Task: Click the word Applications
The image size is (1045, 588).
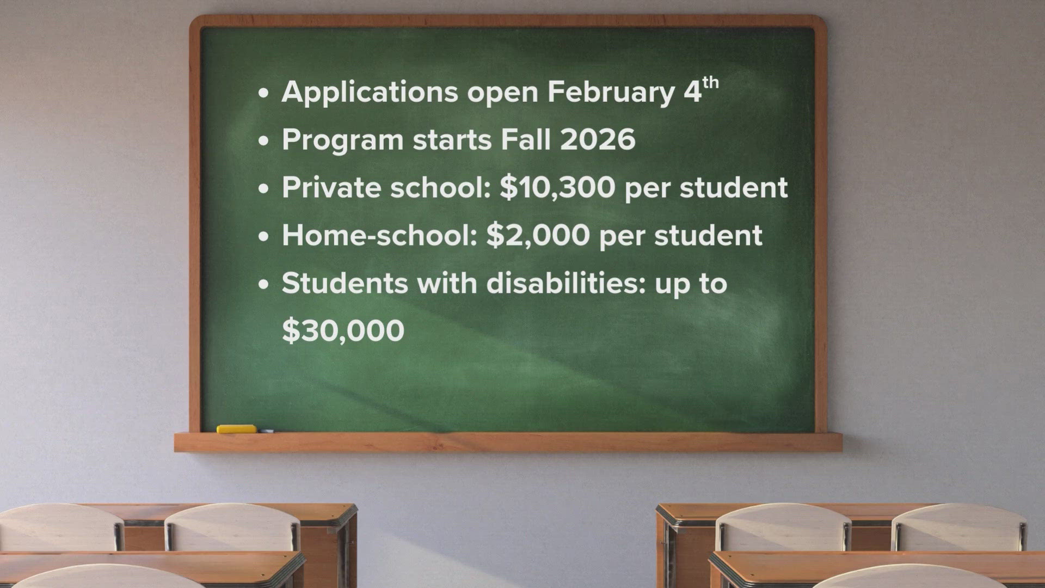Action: (370, 92)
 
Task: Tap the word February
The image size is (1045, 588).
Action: (611, 92)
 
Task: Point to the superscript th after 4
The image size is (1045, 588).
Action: (710, 83)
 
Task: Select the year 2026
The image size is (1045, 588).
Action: (598, 139)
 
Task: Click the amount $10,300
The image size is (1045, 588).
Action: (557, 187)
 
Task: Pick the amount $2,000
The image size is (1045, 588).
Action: (538, 235)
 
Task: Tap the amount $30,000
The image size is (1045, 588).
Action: (343, 330)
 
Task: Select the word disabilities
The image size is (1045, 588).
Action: (565, 283)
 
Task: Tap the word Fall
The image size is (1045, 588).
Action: (525, 139)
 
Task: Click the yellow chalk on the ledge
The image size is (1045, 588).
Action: (236, 429)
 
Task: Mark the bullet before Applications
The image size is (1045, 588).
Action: (264, 93)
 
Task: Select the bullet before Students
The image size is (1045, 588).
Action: (264, 284)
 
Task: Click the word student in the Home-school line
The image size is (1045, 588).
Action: (708, 235)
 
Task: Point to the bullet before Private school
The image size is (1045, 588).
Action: (264, 188)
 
